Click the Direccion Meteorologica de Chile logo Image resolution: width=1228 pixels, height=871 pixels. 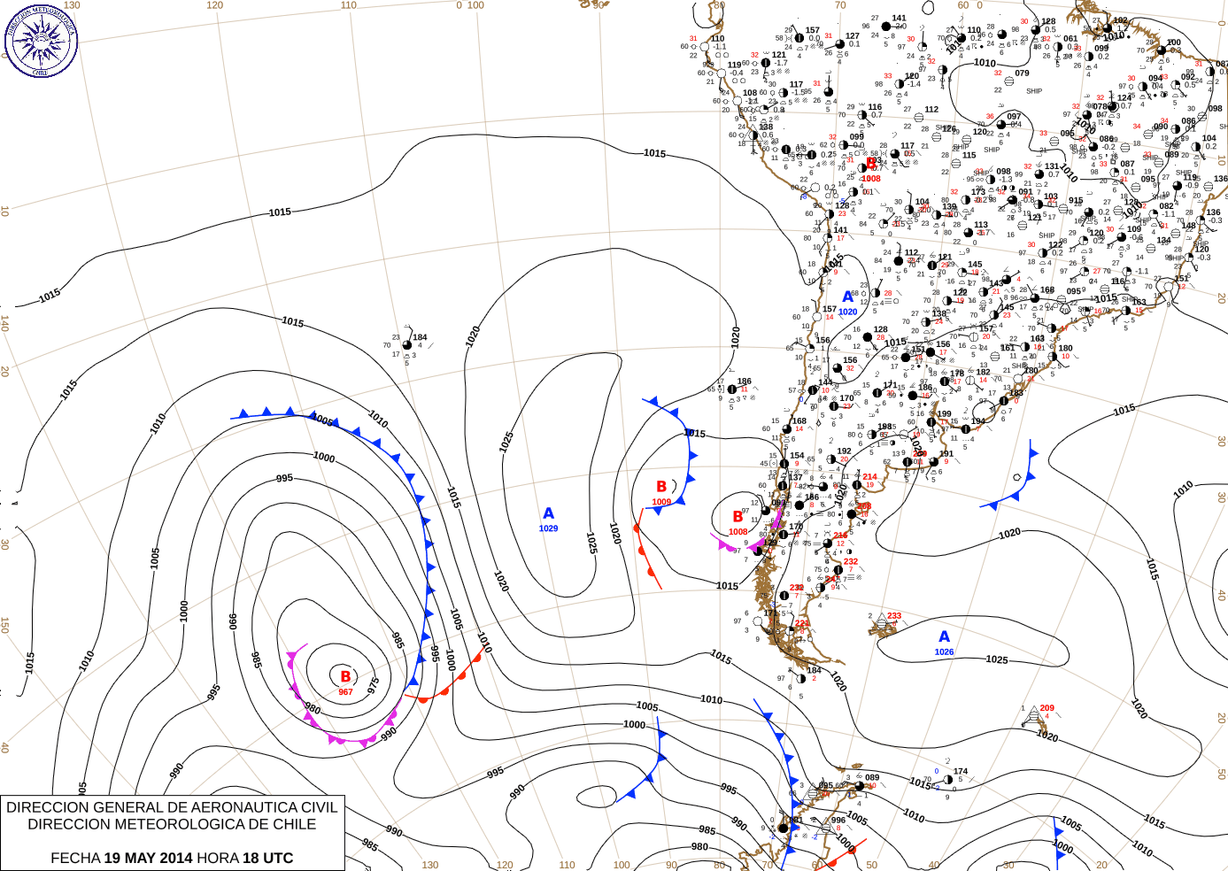tap(41, 40)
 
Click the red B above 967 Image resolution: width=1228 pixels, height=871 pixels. tap(345, 677)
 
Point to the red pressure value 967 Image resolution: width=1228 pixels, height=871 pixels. tap(345, 692)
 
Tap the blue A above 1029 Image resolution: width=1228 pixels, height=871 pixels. tap(549, 513)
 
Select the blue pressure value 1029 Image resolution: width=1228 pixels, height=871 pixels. tap(549, 528)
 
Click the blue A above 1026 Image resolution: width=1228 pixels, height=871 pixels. tap(945, 636)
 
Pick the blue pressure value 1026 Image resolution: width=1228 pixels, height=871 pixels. tap(945, 652)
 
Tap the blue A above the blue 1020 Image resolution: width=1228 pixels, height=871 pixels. tap(848, 297)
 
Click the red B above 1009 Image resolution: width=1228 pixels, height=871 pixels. tap(661, 487)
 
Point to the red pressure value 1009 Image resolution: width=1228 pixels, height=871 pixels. tap(661, 502)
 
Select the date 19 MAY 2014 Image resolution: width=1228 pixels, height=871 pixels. tap(148, 858)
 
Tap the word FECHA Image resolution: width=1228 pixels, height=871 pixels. tap(75, 858)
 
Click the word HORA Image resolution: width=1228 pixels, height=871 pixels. tap(218, 858)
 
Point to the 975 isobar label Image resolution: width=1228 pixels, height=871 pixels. tap(374, 684)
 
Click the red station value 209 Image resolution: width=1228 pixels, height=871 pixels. tap(1047, 708)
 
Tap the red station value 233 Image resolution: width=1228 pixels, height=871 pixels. tap(894, 616)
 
